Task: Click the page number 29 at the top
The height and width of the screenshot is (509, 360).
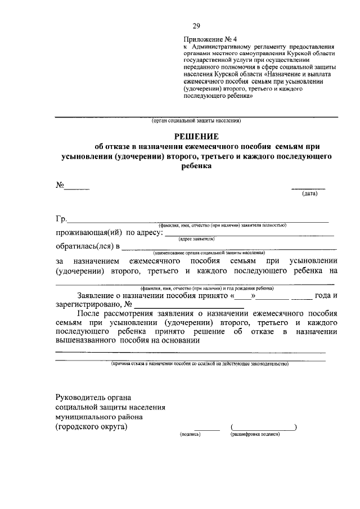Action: (x=196, y=25)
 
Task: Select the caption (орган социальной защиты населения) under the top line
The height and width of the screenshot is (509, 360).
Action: (x=196, y=121)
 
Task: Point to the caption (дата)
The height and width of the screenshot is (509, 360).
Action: (x=310, y=194)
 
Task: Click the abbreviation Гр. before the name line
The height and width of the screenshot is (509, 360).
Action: (x=61, y=219)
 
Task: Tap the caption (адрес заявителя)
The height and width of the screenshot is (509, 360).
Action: (x=196, y=238)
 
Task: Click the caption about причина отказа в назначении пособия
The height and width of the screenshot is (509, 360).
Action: (x=199, y=364)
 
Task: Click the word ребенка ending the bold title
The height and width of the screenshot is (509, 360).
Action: (x=196, y=167)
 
